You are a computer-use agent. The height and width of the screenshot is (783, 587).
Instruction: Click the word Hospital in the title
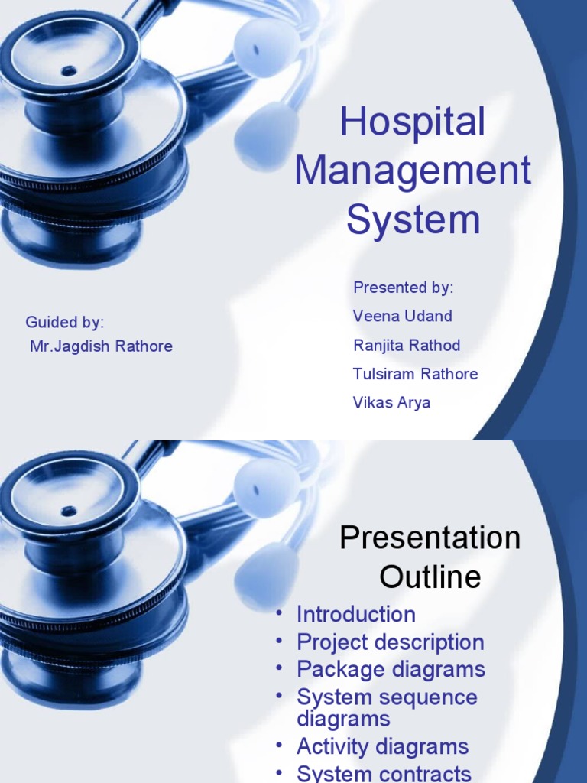413,123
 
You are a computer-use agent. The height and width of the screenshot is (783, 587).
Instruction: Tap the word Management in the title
413,171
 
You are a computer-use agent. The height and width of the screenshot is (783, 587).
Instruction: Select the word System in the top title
413,219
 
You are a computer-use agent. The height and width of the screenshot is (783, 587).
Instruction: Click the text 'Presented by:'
403,288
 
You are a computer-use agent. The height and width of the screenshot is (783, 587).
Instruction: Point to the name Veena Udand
402,316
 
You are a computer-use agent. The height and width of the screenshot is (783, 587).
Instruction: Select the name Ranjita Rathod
407,345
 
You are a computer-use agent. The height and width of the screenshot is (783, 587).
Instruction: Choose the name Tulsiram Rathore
415,374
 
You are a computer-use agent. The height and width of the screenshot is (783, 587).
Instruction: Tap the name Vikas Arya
391,402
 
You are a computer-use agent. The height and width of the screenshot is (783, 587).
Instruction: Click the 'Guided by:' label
65,321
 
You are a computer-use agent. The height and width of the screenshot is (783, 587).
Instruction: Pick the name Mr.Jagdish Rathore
101,346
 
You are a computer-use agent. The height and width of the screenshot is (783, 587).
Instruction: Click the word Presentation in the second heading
430,538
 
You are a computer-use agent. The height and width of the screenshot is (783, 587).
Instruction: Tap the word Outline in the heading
430,577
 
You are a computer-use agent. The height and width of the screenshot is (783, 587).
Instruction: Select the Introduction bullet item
356,614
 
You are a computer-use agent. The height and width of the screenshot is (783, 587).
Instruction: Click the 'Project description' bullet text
391,642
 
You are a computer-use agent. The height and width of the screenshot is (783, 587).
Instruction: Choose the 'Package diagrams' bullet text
391,670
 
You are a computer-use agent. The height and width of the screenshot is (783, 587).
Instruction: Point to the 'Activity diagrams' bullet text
382,746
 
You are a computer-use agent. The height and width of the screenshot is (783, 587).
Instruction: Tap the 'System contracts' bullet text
384,773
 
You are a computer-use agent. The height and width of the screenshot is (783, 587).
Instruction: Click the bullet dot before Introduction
281,612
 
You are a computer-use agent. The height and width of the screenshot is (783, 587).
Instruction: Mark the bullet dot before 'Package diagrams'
281,668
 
